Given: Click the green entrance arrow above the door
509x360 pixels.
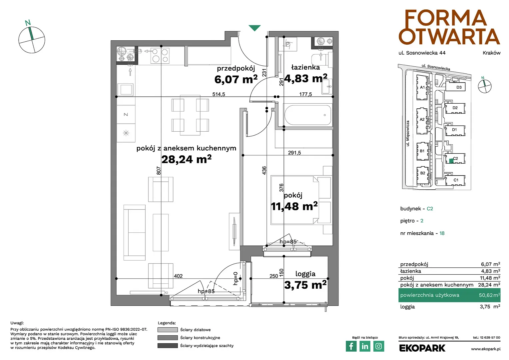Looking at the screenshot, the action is [254, 28].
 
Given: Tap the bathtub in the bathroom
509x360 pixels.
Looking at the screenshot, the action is [308, 115].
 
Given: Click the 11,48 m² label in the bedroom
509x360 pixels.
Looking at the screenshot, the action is [294, 206].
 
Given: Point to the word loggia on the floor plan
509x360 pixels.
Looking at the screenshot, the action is [305, 274].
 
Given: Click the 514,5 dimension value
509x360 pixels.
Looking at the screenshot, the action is [219, 94].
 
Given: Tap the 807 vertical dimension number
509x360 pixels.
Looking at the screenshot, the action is [159, 171].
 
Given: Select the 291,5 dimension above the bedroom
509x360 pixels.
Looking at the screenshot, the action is [294, 153].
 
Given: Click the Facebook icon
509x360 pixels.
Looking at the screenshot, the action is [351, 346].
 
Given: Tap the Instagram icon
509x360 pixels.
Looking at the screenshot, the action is [378, 346].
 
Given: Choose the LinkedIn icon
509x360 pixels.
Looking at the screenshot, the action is [365, 346].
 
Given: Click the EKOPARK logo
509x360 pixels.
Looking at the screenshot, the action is [422, 348].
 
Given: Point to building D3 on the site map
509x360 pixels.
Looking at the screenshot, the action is [455, 87].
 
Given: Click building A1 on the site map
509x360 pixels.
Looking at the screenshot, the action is [422, 87].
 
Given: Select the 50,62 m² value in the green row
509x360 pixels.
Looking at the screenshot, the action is [489, 295].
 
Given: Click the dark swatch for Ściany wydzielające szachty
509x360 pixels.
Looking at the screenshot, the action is [168, 346].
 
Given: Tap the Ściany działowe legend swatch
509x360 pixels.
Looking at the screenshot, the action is [168, 330].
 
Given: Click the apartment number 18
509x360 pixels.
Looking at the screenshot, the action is [442, 233].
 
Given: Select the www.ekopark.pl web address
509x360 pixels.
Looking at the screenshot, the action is [486, 349].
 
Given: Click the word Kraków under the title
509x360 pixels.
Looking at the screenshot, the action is [491, 53].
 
